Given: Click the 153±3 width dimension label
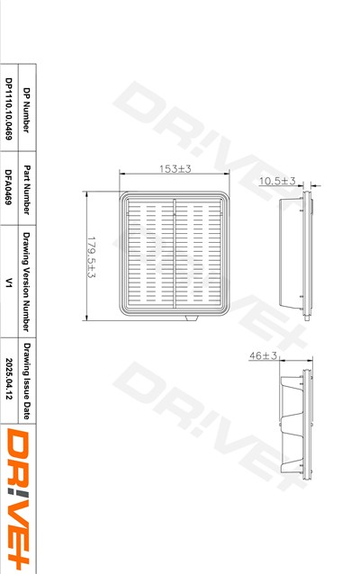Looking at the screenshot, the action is tap(175, 169).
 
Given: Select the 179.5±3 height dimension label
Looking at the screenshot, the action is tap(91, 257).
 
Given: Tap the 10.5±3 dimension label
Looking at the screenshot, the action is tap(277, 181).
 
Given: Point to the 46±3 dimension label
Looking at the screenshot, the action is tap(263, 355).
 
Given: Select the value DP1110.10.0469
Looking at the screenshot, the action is tap(9, 109).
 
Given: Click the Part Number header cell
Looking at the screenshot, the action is tap(26, 190).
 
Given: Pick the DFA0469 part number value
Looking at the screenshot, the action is tap(9, 187).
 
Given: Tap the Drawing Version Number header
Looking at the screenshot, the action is tap(26, 282).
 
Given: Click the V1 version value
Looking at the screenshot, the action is tap(9, 283).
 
